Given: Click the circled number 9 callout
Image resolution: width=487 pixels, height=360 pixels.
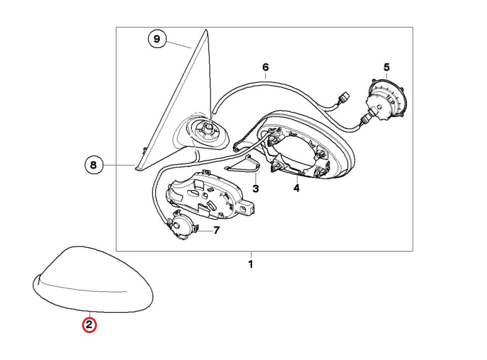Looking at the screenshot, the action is (157, 39).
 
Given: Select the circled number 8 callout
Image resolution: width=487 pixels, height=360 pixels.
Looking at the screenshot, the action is (93, 165).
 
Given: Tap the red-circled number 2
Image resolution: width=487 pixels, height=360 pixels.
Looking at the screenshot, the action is (89, 325).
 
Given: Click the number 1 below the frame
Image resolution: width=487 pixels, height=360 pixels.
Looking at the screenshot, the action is (251, 264).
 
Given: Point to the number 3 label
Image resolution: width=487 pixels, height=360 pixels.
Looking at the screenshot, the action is (256, 189).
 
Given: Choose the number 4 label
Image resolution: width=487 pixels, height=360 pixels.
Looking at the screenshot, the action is (297, 188).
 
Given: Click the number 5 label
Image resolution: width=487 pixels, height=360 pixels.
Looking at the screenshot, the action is (387, 67).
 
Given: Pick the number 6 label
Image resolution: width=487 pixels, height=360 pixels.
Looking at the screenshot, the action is (265, 67).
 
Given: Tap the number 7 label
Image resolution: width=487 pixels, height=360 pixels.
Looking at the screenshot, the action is (217, 230).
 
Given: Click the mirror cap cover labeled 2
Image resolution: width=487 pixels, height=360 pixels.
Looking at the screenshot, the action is (93, 279).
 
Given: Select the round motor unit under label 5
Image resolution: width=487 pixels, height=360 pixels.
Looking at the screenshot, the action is (387, 99).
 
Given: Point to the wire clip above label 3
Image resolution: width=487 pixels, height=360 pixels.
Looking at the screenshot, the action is (243, 164).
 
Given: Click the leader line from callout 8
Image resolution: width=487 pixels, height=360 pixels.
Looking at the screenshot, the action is (119, 165).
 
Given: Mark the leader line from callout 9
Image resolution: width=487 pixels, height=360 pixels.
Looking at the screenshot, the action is (179, 45).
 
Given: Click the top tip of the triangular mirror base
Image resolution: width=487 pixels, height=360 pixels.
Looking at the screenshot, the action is (205, 29).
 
